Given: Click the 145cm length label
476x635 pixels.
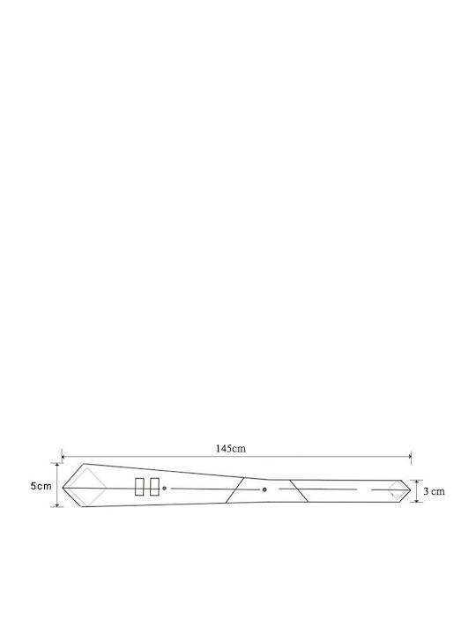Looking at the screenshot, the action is (x=230, y=448).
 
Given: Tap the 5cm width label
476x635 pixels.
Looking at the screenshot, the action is (x=41, y=486).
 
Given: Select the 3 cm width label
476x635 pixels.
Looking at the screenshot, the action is (x=434, y=491).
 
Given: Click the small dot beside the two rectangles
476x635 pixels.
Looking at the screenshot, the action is (x=164, y=488).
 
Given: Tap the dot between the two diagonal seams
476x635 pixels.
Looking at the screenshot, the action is (x=264, y=489).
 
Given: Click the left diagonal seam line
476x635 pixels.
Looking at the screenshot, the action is (x=234, y=490).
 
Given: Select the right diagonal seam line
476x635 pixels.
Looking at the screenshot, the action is (x=299, y=491).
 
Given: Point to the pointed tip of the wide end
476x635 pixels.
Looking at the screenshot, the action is (x=63, y=488).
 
